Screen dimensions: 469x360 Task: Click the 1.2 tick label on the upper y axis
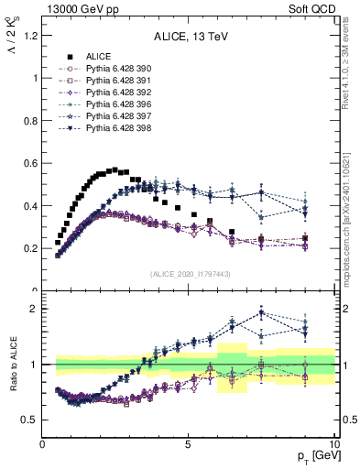coord(29,36)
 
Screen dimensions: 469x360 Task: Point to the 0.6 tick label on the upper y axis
coord(29,163)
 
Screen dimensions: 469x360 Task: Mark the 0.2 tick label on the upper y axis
coord(29,248)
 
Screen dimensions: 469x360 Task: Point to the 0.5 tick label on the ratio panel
coord(29,420)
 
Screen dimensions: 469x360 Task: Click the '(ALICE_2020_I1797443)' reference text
coord(189,275)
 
